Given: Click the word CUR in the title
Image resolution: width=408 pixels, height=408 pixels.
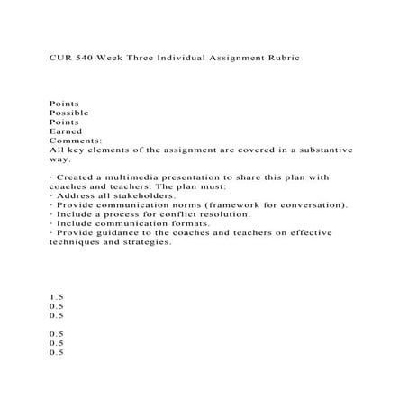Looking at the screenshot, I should coord(60,56).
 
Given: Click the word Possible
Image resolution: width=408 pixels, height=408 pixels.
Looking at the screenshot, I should coord(68,113).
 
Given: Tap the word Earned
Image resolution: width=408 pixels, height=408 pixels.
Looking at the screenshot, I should coord(65,131).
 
